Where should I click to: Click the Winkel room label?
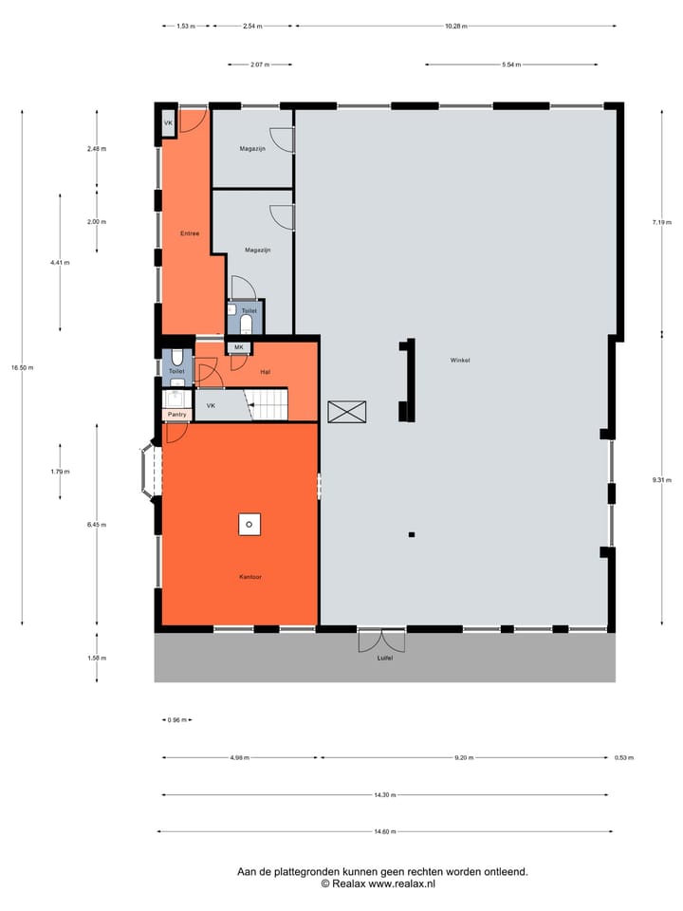(461, 361)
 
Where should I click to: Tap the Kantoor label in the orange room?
(249, 576)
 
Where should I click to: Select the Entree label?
(190, 233)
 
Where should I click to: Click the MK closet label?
(239, 347)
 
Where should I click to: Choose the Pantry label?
(176, 415)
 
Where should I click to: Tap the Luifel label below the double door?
(384, 658)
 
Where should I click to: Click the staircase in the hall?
(268, 405)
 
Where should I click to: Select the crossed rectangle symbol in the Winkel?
(346, 412)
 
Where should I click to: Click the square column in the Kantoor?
(249, 523)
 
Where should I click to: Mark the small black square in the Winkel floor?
(412, 535)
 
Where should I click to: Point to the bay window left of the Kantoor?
(149, 470)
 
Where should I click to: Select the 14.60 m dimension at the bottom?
(384, 832)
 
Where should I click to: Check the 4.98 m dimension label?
(239, 757)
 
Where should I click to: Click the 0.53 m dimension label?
(623, 757)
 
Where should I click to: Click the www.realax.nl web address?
(397, 883)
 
